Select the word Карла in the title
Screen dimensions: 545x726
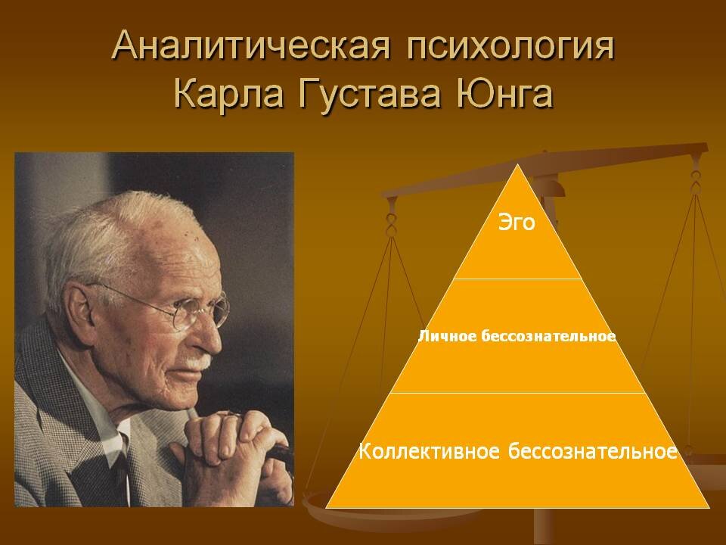click(220, 95)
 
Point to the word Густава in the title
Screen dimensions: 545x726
click(356, 96)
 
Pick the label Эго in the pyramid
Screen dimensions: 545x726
click(517, 223)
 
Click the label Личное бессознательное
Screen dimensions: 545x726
click(517, 335)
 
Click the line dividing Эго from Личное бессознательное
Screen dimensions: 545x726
click(517, 279)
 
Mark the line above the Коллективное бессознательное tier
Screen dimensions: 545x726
click(517, 393)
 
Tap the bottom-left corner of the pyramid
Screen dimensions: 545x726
click(327, 506)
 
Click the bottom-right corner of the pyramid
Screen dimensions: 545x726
click(709, 506)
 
